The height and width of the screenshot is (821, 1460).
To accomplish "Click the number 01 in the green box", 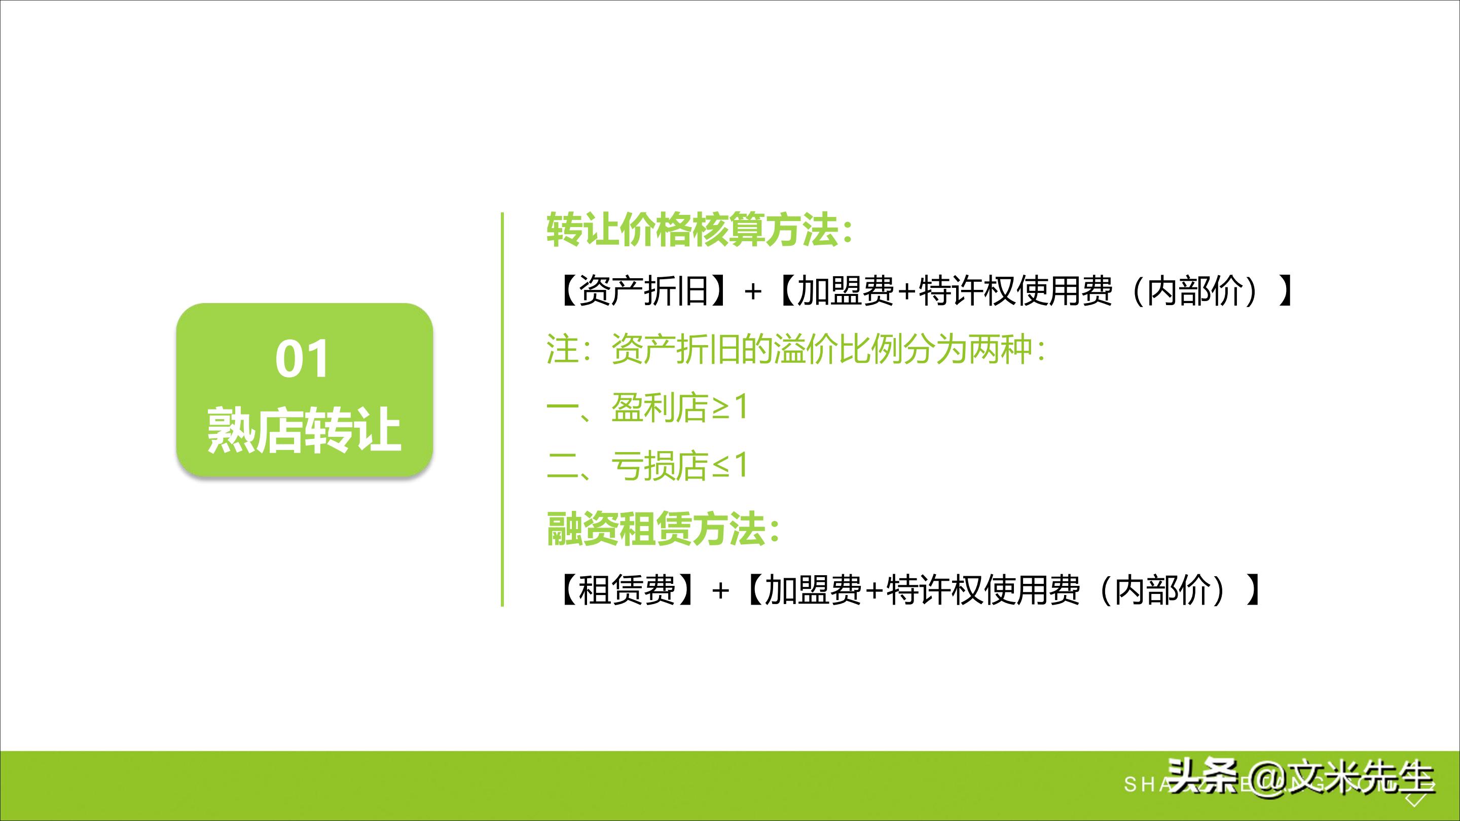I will pyautogui.click(x=302, y=359).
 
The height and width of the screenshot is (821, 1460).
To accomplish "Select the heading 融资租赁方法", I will pyautogui.click(x=663, y=529).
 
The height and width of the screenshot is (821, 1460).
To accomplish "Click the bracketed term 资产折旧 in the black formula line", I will pyautogui.click(x=644, y=291).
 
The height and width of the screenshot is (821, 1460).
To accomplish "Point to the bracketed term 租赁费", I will pyautogui.click(x=628, y=590).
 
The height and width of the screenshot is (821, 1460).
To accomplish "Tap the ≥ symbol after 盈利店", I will pyautogui.click(x=720, y=408).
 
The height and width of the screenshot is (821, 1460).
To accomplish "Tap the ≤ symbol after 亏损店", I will pyautogui.click(x=720, y=467).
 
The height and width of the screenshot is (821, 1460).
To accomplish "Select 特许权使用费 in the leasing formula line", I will pyautogui.click(x=983, y=590).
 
